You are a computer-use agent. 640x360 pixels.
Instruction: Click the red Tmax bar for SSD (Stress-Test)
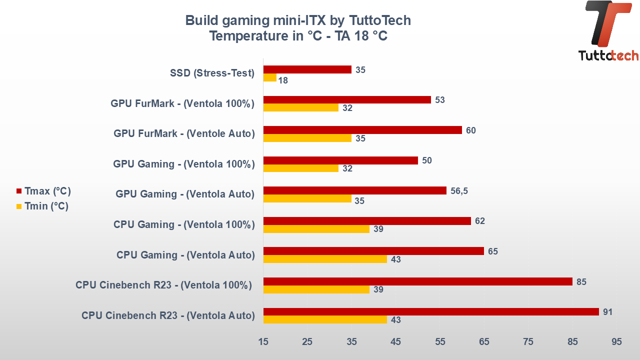tap(307, 69)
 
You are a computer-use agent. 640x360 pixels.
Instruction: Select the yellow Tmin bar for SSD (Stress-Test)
tap(269, 77)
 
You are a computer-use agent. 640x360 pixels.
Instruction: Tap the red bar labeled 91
tap(430, 311)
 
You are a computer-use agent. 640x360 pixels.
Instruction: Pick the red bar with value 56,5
tap(354, 190)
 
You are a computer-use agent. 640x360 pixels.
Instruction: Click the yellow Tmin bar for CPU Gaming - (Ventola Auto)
tap(325, 259)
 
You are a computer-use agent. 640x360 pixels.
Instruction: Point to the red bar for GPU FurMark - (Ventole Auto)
tap(362, 130)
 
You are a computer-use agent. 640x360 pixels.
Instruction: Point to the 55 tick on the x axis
tap(440, 341)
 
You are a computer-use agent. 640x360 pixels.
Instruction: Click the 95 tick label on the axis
tap(616, 341)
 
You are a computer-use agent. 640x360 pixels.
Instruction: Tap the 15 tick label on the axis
tap(263, 341)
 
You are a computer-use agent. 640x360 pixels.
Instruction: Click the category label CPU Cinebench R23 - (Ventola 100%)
tap(163, 285)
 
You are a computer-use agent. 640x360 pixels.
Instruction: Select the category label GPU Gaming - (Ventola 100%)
tap(184, 163)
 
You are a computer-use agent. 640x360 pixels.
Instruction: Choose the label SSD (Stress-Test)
tap(212, 73)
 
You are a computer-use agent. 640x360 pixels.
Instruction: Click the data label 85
tap(581, 281)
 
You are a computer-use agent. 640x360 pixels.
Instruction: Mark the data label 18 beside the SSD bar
tap(283, 80)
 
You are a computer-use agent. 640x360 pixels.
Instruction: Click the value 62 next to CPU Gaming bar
tap(480, 220)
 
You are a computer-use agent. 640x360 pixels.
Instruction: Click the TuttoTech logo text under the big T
tap(608, 55)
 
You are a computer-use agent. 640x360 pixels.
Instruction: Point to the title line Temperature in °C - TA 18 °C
tap(298, 36)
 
